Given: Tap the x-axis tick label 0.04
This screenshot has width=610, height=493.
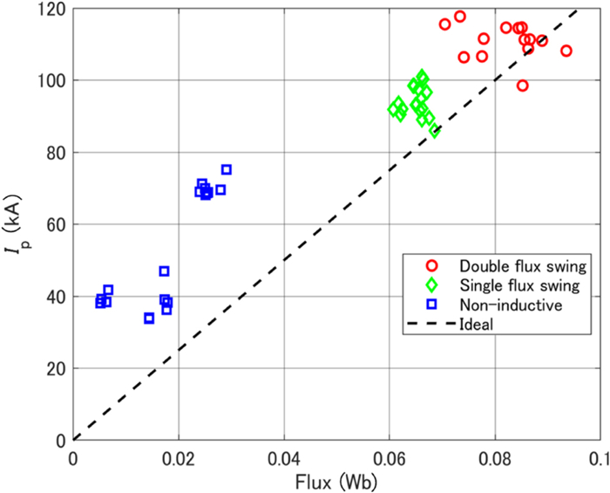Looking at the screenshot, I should coord(284,456).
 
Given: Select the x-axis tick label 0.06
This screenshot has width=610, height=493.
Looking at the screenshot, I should coord(390,456).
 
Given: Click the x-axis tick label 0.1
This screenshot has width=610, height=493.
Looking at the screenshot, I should coord(598,456).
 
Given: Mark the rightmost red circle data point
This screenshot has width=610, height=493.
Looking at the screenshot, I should coord(566,51).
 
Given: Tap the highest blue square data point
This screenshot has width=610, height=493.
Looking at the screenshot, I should coord(227,169).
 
